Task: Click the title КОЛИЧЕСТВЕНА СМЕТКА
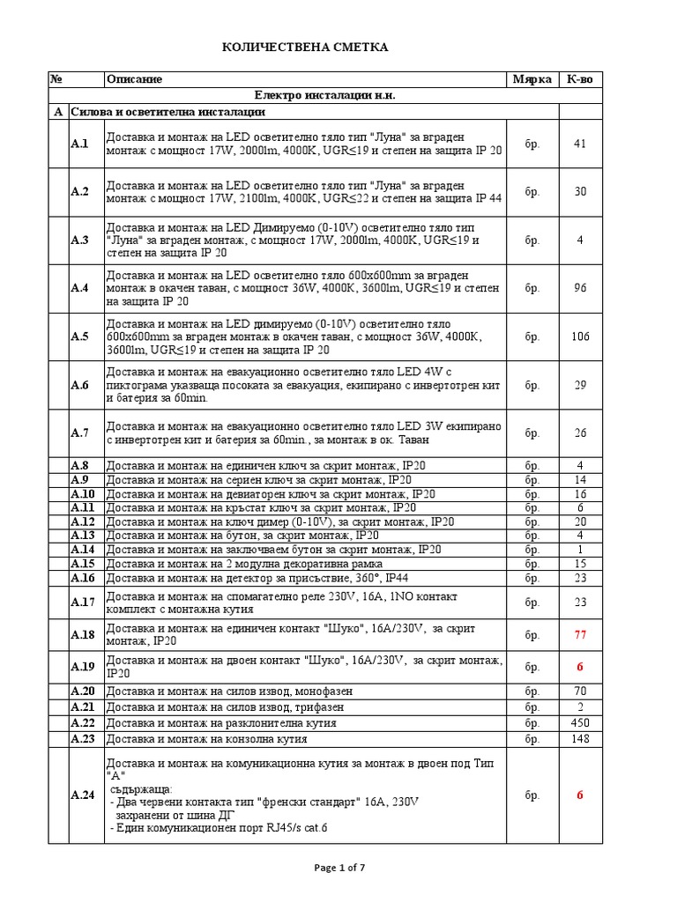tap(304, 47)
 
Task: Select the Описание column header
tap(134, 79)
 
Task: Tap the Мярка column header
tap(532, 79)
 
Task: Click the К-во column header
tap(580, 79)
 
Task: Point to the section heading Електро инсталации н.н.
tap(305, 95)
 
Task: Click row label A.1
tap(80, 144)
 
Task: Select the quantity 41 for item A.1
tap(580, 144)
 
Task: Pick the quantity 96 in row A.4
tap(580, 288)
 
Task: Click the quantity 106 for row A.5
tap(580, 336)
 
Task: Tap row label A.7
tap(80, 433)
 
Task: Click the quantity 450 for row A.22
tap(580, 722)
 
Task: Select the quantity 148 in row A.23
tap(580, 737)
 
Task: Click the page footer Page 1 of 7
tap(339, 868)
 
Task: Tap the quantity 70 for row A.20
tap(580, 691)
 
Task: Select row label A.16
tap(82, 578)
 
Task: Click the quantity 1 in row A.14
tap(580, 549)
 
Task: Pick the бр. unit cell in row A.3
tap(532, 240)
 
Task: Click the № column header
tap(56, 79)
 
